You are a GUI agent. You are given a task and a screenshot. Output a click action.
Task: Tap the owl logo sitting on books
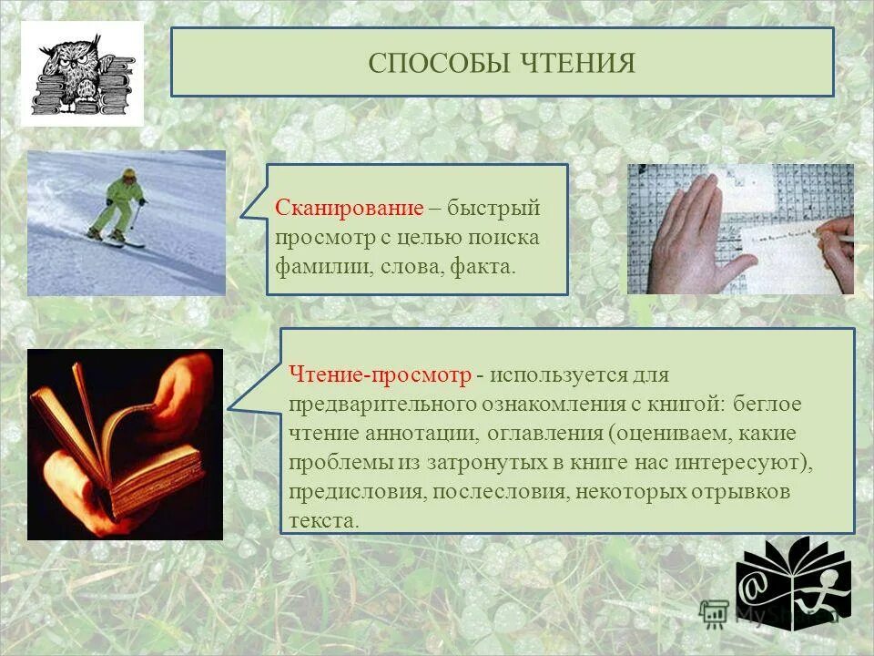[82, 75]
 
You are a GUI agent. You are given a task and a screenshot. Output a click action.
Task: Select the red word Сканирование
[349, 209]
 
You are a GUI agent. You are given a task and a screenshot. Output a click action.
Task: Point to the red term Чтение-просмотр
[380, 374]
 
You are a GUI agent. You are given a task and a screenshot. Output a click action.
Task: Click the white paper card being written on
[783, 247]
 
